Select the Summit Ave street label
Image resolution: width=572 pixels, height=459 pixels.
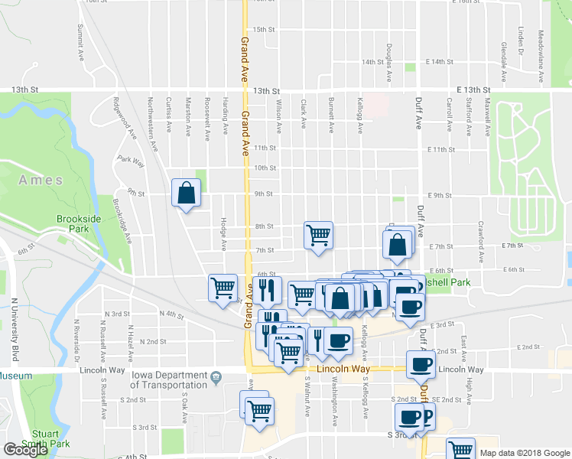(x=80, y=43)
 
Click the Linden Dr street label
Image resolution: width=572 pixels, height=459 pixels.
(x=520, y=41)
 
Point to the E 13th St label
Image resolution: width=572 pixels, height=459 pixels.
(x=472, y=90)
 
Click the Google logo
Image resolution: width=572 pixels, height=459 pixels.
(x=26, y=449)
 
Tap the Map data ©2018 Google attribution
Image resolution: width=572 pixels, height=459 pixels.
(x=525, y=453)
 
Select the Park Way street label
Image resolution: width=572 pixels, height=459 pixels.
(x=132, y=161)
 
